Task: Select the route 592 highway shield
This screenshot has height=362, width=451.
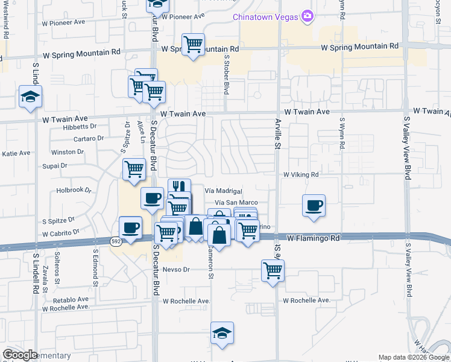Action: tap(115, 242)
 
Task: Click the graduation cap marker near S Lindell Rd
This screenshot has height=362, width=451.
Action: tap(30, 97)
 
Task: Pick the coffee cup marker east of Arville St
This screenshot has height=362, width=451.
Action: tap(314, 205)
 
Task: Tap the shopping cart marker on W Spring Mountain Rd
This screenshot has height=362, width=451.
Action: tap(193, 44)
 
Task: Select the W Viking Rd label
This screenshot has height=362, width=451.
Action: tap(301, 174)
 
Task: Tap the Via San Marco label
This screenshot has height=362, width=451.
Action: tap(236, 203)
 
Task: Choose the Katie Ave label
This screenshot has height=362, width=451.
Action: tap(16, 153)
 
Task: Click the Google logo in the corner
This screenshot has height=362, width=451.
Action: tap(19, 355)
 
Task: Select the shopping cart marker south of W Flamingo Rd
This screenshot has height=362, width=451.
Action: tap(273, 270)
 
